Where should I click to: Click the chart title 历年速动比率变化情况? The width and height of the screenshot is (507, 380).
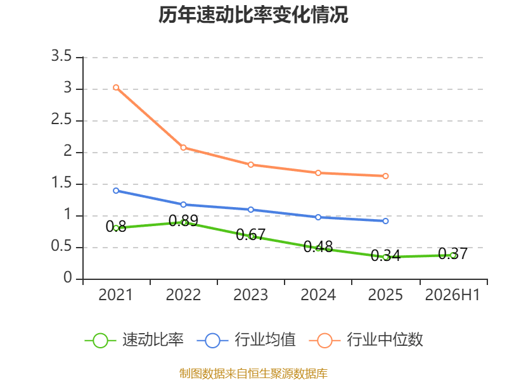(253, 15)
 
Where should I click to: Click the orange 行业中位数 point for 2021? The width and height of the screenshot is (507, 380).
(116, 87)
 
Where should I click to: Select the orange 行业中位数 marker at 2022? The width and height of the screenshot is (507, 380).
(183, 148)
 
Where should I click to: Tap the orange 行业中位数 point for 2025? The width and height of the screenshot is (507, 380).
(385, 176)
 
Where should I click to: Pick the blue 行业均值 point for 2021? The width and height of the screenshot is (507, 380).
(116, 191)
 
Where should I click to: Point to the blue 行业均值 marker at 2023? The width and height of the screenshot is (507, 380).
(250, 210)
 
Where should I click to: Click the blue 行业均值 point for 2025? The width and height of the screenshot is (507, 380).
(385, 221)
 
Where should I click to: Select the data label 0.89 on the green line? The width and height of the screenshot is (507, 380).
(183, 220)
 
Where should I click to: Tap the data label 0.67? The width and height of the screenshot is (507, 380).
(250, 234)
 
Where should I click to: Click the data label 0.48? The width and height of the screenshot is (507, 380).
(318, 247)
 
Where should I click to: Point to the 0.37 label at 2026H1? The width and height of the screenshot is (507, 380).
(452, 254)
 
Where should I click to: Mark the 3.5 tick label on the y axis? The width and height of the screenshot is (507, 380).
(61, 56)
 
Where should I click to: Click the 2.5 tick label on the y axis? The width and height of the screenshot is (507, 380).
(61, 120)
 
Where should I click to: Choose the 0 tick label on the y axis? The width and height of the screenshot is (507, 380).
(68, 277)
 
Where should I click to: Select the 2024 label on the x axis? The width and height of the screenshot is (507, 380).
(318, 295)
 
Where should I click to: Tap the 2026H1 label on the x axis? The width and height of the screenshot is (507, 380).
(452, 295)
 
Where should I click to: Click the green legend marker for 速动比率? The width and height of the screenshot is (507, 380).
(100, 341)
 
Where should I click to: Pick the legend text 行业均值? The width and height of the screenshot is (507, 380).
(265, 339)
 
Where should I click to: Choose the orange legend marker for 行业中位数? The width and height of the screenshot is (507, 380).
(324, 341)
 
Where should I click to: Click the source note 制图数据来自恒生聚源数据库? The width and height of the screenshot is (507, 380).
(253, 374)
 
